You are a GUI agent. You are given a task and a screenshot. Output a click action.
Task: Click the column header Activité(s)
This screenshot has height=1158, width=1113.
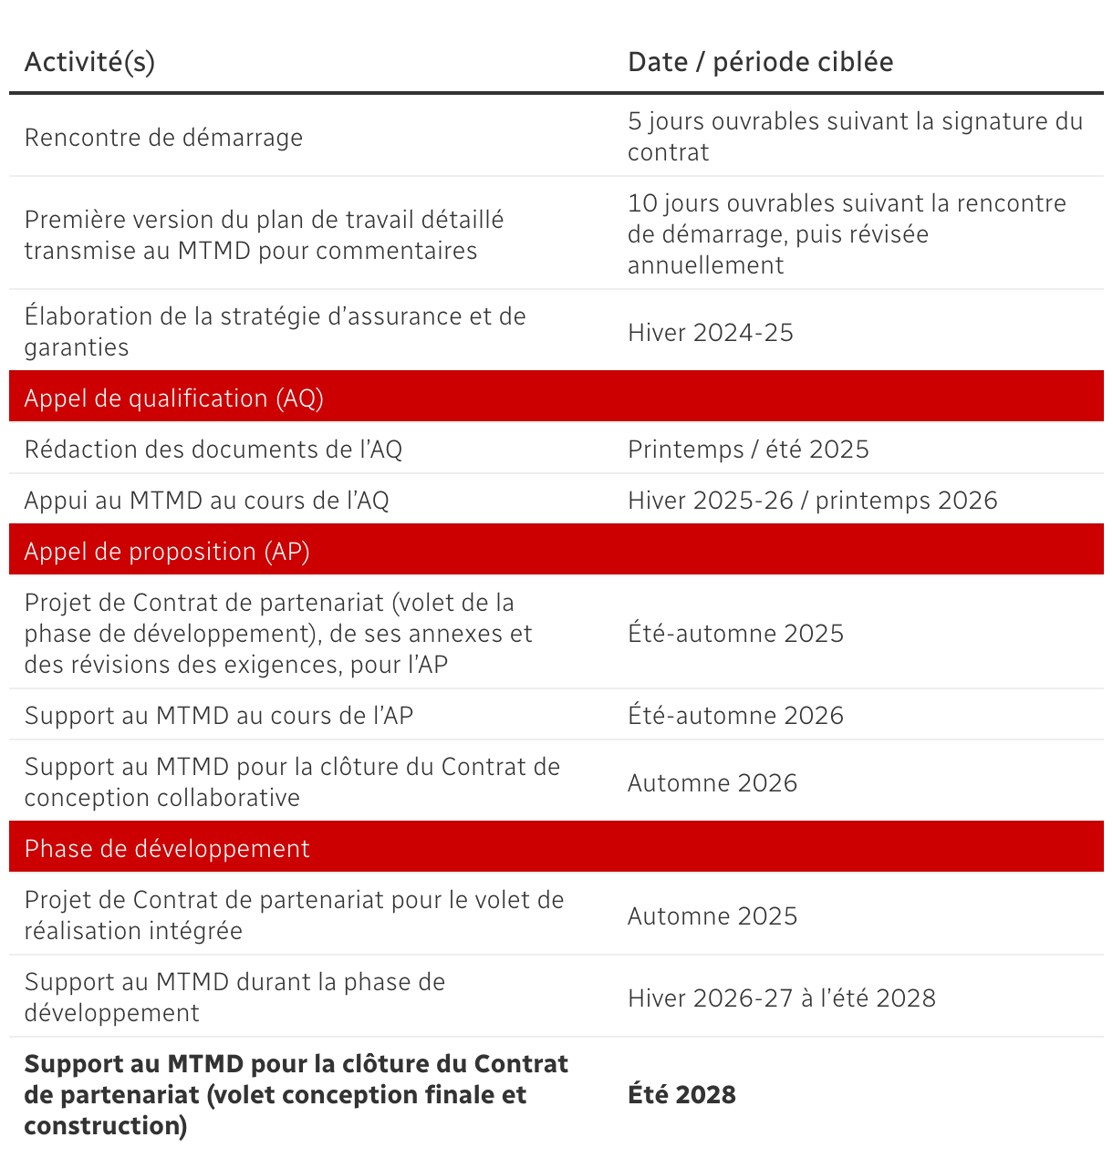[89, 62]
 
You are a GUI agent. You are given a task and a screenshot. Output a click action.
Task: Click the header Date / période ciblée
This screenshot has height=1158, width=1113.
[760, 62]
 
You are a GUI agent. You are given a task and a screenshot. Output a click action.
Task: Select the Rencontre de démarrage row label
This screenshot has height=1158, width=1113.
[163, 138]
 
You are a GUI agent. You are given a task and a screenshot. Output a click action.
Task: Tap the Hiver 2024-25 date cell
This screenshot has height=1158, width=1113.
[710, 333]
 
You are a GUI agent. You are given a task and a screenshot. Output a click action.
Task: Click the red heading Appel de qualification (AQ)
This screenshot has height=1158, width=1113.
[173, 398]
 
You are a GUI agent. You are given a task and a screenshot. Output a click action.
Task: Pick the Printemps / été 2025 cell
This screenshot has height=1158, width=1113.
[748, 450]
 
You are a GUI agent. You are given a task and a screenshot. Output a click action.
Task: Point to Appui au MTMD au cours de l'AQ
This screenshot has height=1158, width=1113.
[206, 501]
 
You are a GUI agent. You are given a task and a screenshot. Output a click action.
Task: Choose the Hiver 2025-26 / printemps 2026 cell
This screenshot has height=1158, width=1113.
[812, 501]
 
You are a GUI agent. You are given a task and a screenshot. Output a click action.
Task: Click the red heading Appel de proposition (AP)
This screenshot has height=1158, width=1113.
[167, 552]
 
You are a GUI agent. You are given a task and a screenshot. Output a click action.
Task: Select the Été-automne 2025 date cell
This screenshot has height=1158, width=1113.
[735, 634]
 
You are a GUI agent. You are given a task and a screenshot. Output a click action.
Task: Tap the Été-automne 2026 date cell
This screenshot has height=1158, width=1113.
[735, 716]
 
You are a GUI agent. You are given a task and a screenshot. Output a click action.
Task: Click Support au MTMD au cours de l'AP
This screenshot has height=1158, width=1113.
[218, 716]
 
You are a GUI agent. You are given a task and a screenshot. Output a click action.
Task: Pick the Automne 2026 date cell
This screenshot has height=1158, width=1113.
[712, 783]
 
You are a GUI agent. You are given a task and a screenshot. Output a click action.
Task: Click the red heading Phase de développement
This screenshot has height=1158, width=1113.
[167, 849]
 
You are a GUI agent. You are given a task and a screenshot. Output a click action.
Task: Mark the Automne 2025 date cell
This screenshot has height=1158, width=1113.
[712, 916]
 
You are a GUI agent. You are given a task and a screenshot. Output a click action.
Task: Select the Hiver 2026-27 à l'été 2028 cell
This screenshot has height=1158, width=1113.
[781, 998]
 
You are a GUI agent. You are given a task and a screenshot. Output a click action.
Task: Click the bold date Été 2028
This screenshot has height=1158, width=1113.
[681, 1095]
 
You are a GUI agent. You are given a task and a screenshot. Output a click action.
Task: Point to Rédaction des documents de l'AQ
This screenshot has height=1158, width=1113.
[213, 450]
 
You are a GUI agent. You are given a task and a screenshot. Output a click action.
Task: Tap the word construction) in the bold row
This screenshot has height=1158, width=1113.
[106, 1126]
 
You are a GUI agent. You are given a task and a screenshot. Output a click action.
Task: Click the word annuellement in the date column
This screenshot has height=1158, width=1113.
[705, 265]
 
